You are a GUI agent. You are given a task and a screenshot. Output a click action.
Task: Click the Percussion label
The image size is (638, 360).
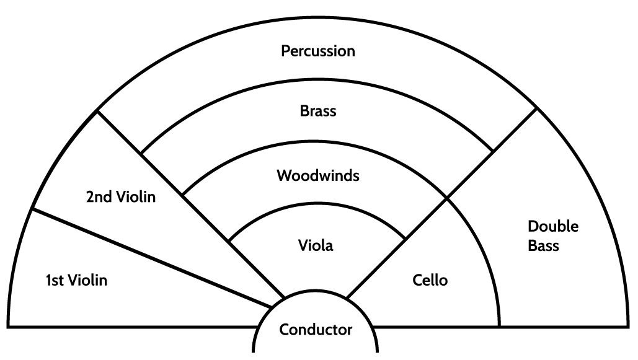point(318,51)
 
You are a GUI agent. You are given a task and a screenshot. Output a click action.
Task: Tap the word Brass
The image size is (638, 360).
point(318,112)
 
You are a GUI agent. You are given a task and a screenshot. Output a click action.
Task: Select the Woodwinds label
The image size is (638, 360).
point(318,175)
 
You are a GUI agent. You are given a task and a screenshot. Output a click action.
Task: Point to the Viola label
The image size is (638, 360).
point(316,245)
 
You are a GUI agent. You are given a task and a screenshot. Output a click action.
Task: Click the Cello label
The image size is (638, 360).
point(430,281)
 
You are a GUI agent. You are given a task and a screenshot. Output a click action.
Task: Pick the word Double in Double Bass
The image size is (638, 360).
point(553,227)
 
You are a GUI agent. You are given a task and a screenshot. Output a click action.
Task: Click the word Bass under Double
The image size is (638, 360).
point(544,246)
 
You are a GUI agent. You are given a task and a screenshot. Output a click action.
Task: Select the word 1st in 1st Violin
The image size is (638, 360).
point(56,281)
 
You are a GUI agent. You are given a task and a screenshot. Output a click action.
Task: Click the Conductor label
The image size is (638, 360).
point(316,330)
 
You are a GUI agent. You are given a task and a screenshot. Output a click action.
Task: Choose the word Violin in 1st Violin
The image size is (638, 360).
point(88,281)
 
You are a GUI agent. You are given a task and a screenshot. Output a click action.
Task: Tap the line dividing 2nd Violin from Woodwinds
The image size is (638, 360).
point(205,217)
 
